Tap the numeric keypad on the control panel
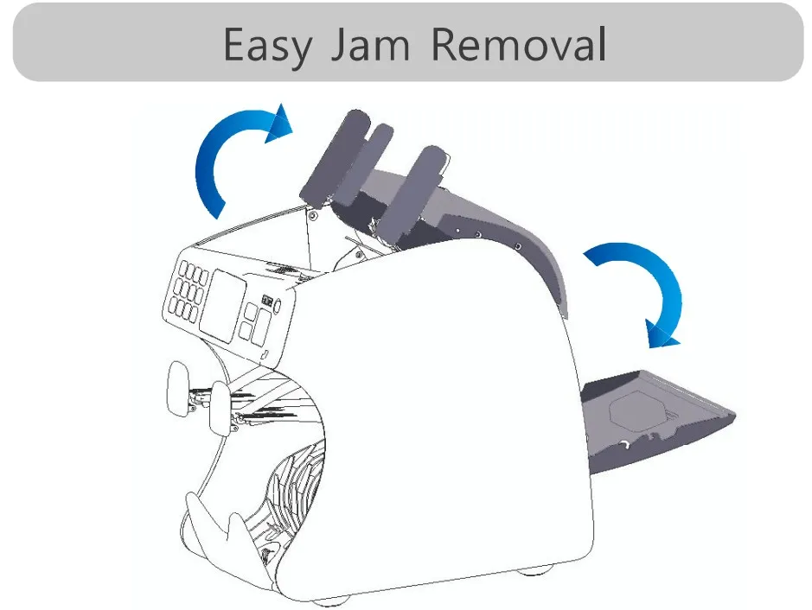click(186, 292)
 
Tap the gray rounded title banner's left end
click(35, 43)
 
